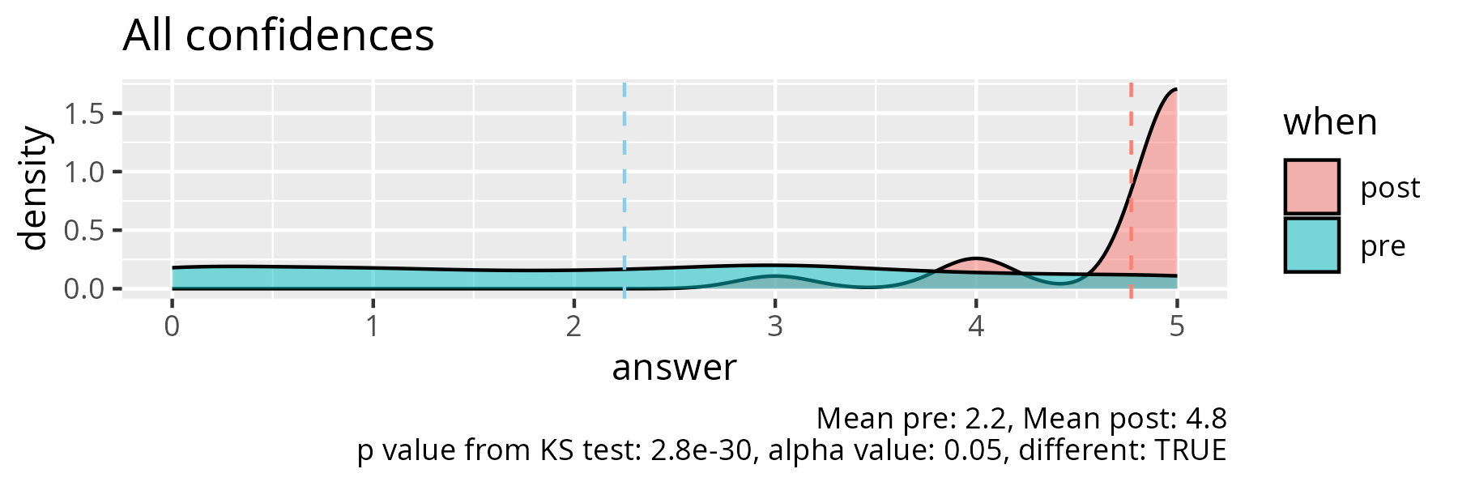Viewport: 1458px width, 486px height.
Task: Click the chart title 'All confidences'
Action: [x=278, y=36]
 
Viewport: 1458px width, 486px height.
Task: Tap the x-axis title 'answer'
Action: [x=674, y=368]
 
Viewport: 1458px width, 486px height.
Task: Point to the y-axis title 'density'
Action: [x=34, y=188]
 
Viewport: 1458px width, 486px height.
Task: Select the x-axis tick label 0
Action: [x=172, y=326]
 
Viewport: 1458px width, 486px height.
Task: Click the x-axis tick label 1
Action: [x=373, y=326]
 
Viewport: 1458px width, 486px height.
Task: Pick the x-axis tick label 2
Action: [x=573, y=326]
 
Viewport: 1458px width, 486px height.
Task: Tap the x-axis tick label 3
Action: [x=775, y=326]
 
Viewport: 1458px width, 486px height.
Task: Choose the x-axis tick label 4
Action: [x=976, y=326]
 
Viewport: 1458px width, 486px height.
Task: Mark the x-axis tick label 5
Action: [x=1177, y=326]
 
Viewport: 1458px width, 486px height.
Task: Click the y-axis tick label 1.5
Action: [x=84, y=114]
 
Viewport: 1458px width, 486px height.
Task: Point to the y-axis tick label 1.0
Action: [x=84, y=173]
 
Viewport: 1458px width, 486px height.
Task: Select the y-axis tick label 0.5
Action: [x=84, y=231]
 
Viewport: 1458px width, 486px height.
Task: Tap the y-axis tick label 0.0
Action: [x=84, y=289]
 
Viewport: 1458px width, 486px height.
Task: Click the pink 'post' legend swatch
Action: [x=1311, y=187]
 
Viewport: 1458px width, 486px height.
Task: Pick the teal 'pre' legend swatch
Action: [x=1311, y=245]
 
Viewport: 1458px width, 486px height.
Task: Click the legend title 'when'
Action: [x=1330, y=122]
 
